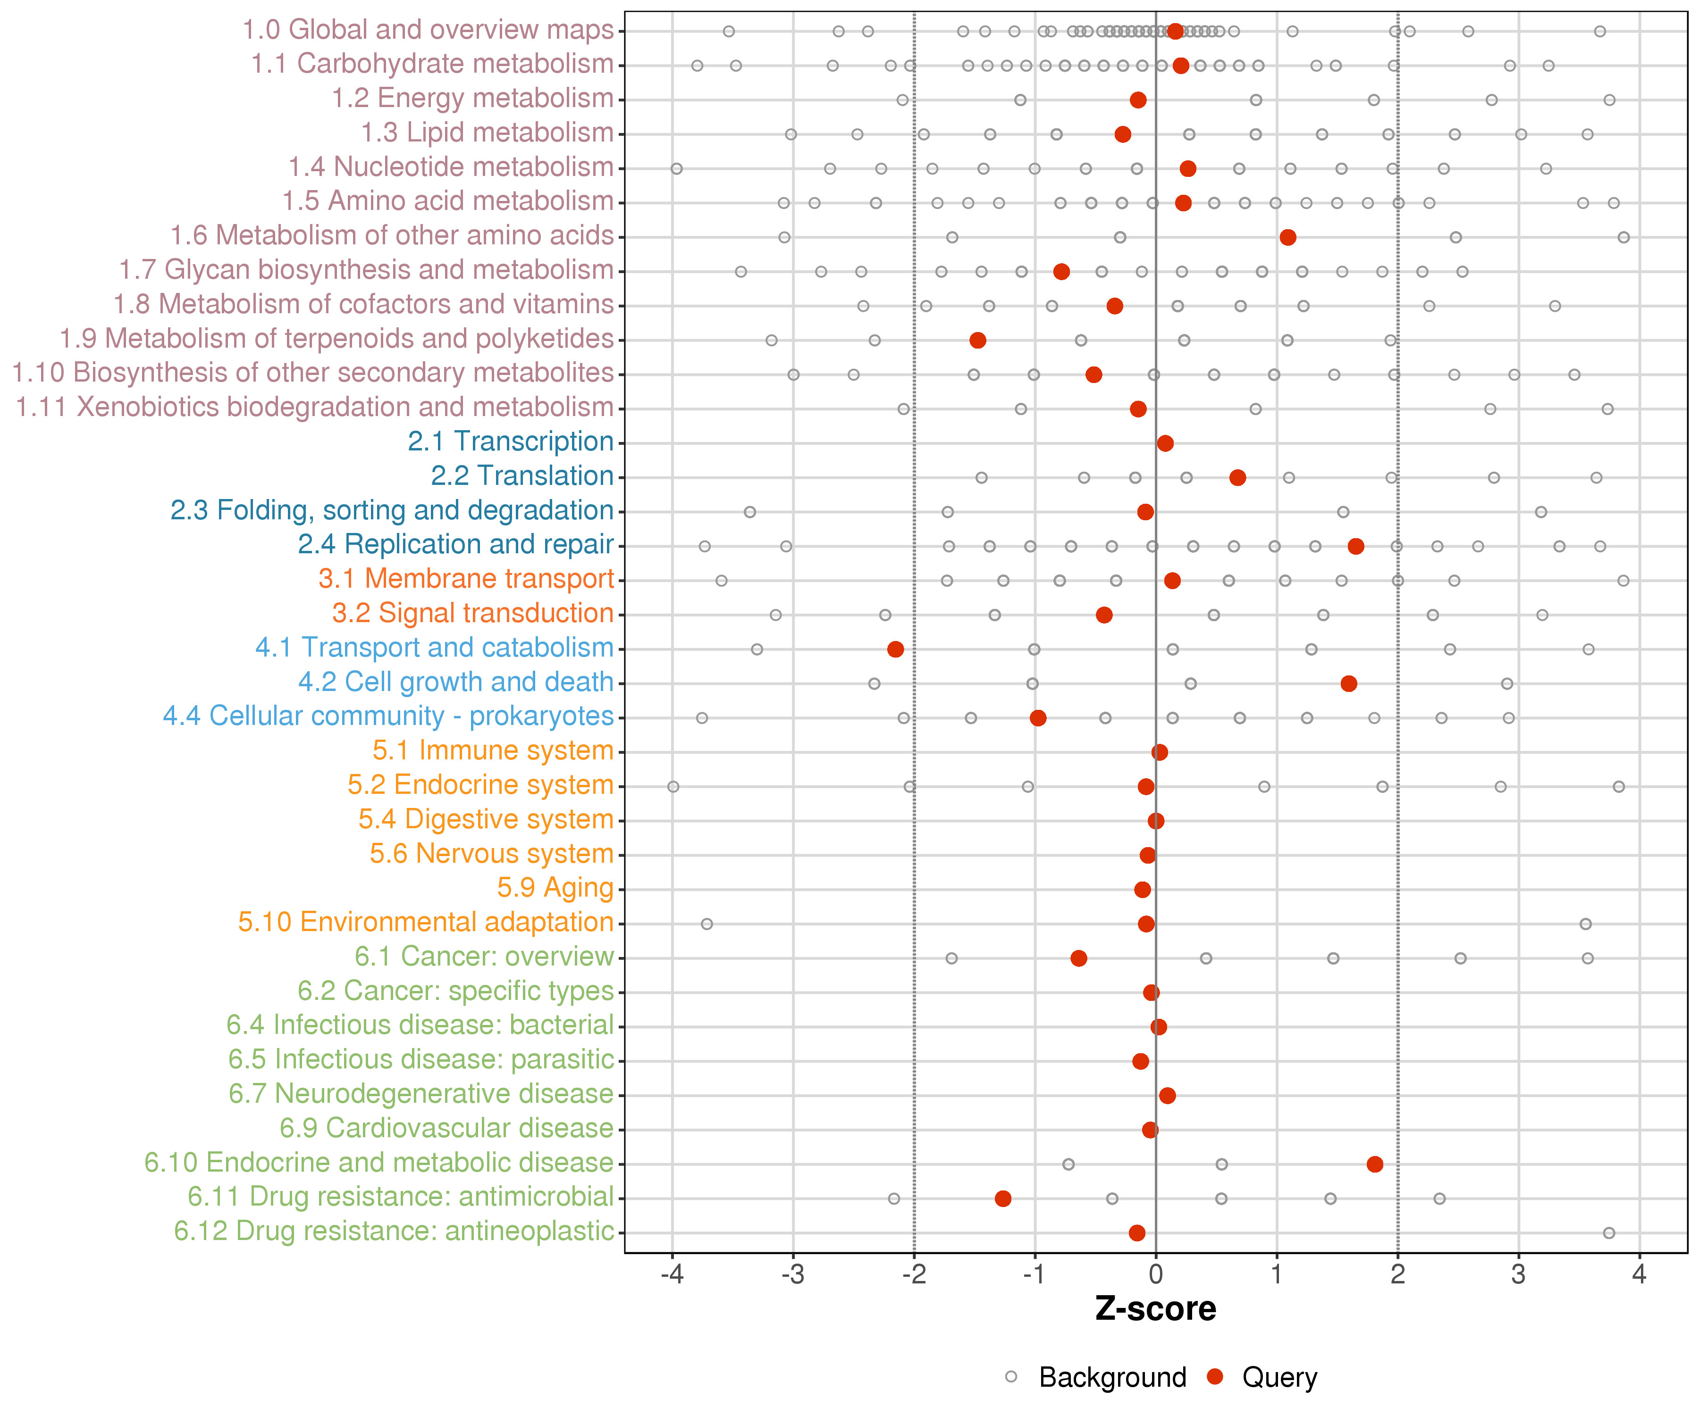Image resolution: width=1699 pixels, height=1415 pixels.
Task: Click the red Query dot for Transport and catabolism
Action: click(896, 649)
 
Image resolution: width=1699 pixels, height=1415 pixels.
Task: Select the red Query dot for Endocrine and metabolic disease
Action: click(1375, 1165)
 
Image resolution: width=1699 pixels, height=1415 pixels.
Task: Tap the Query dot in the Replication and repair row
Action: click(1356, 547)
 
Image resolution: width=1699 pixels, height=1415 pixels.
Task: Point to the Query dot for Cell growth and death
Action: click(1349, 684)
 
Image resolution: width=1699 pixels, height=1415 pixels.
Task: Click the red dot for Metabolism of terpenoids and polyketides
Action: click(977, 341)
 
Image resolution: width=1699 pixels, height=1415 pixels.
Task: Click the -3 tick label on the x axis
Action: click(793, 1275)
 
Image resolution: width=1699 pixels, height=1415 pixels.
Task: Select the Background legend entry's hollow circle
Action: click(1011, 1377)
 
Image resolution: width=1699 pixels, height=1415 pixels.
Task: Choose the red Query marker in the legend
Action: click(1214, 1377)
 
